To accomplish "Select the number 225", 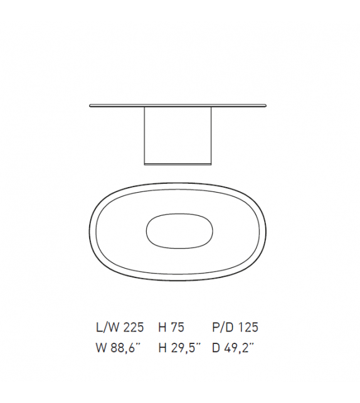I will click(134, 327).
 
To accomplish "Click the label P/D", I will click(224, 327).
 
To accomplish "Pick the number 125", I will click(248, 327).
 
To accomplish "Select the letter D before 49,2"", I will click(217, 348).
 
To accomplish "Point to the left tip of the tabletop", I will click(91, 105).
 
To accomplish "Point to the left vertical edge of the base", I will click(145, 134).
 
